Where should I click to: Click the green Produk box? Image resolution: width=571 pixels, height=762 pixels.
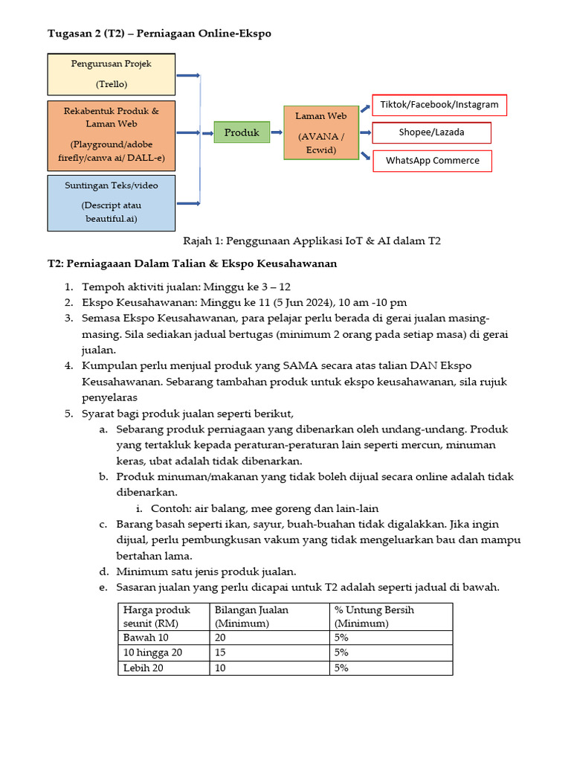[x=242, y=132]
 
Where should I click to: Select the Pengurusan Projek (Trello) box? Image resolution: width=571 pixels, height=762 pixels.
[x=111, y=74]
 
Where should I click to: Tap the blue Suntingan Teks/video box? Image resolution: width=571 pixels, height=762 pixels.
[x=111, y=202]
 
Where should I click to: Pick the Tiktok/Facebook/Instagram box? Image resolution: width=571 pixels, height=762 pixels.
[x=439, y=105]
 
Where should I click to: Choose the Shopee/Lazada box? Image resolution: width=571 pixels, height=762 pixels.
[x=432, y=132]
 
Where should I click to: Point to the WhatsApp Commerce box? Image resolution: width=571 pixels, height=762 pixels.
[x=432, y=161]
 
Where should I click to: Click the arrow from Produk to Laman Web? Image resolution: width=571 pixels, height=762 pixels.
[x=277, y=132]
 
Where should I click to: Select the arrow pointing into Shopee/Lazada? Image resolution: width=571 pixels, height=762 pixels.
[x=364, y=132]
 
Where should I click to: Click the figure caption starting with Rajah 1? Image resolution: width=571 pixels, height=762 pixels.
[x=312, y=241]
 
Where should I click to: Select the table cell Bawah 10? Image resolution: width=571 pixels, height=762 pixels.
[x=146, y=638]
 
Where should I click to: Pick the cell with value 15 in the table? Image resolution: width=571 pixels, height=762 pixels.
[x=221, y=653]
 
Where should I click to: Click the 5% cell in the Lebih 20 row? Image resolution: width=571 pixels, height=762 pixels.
[x=342, y=668]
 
